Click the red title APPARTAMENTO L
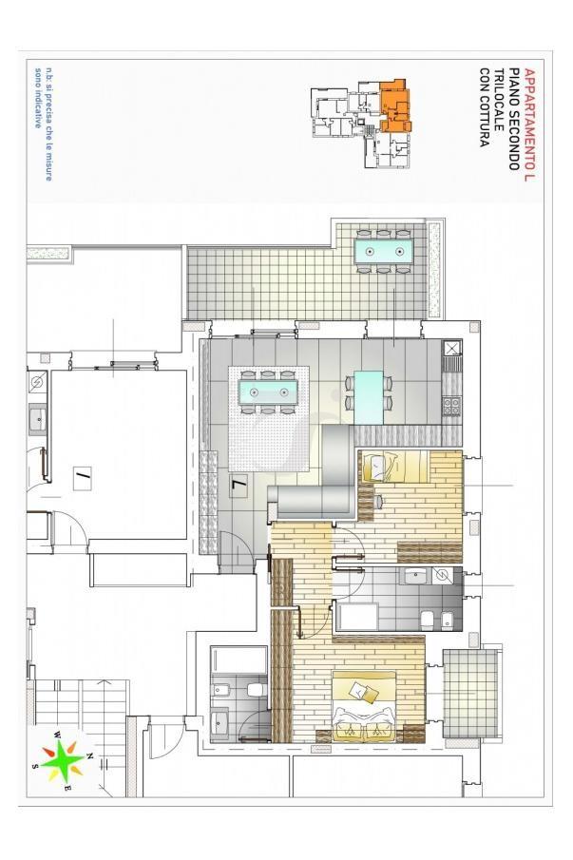[529, 124]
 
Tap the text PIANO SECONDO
[514, 119]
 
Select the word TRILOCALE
[499, 99]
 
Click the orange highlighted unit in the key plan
[394, 106]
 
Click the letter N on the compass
[90, 755]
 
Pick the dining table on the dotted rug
[268, 392]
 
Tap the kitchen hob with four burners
[451, 407]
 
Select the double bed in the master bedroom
[364, 704]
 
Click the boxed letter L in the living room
[239, 486]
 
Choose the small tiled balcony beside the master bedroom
[471, 692]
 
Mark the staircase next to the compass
[83, 713]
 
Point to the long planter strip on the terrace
[435, 269]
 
